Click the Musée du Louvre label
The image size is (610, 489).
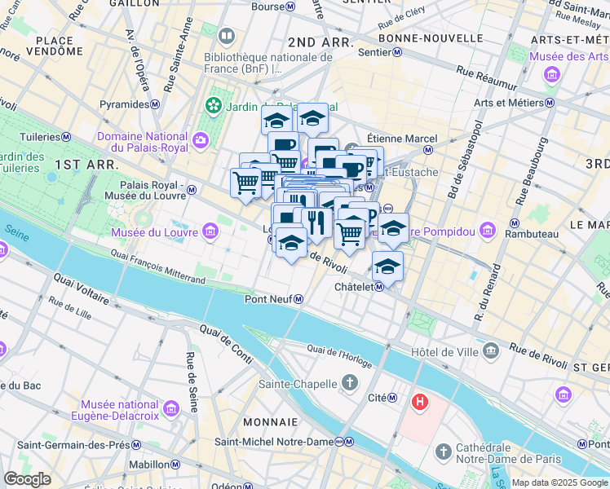tap(156, 232)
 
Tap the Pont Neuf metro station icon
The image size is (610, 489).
tap(299, 299)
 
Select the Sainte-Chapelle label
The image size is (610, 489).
tap(298, 384)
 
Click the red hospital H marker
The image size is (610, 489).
tap(420, 401)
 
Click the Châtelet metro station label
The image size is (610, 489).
tap(354, 287)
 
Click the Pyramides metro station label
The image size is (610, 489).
tap(124, 104)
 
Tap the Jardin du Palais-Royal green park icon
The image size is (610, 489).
tap(214, 105)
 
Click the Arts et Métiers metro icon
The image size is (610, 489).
tap(550, 103)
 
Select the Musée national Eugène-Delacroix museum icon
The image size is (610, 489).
tap(170, 407)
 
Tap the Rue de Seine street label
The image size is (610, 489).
tap(192, 381)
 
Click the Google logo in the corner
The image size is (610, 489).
tap(28, 479)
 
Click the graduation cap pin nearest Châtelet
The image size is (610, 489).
tap(388, 266)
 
